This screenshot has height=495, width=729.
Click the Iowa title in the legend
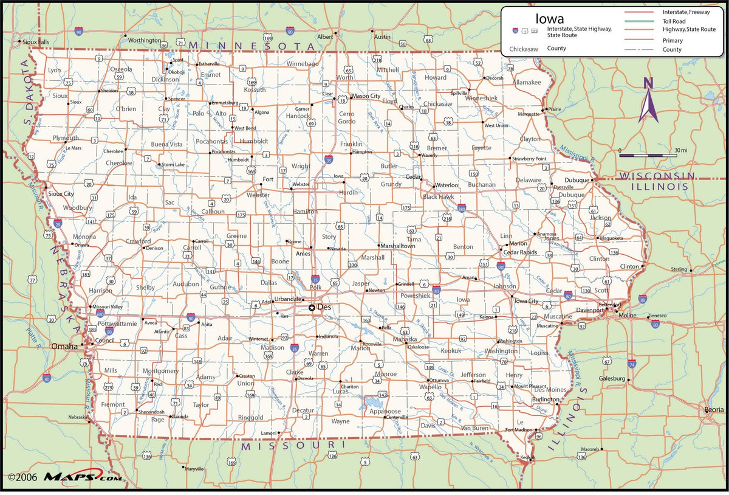pyautogui.click(x=549, y=19)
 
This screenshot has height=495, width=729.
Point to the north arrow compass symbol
pyautogui.click(x=648, y=100)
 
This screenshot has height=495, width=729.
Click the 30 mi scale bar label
pyautogui.click(x=680, y=150)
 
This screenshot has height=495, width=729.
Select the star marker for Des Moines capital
pyautogui.click(x=312, y=308)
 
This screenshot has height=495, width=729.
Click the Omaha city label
pyautogui.click(x=64, y=346)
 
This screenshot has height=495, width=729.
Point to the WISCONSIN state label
pyautogui.click(x=657, y=176)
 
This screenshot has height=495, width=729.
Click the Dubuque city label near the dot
pyautogui.click(x=577, y=180)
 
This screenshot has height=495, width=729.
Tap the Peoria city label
pyautogui.click(x=714, y=409)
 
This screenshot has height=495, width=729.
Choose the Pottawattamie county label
pyautogui.click(x=117, y=324)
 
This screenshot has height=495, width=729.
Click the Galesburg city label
pyautogui.click(x=611, y=378)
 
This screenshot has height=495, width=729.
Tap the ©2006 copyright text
pyautogui.click(x=21, y=477)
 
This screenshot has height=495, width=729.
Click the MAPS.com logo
pyautogui.click(x=82, y=477)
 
